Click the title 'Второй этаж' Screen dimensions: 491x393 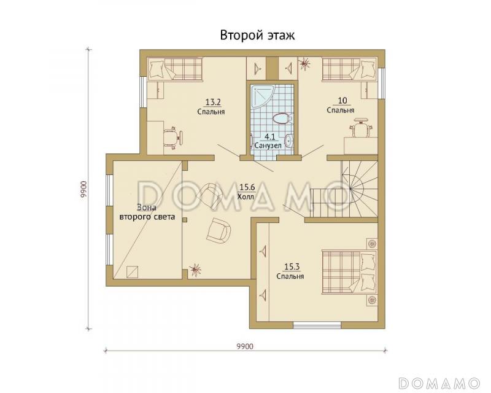(257, 35)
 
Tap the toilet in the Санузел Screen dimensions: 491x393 (282, 119)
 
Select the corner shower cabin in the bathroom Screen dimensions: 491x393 (263, 96)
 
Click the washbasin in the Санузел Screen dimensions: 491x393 (290, 141)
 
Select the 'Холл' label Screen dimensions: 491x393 (246, 197)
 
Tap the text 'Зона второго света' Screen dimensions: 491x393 (147, 212)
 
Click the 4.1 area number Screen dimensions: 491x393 (269, 137)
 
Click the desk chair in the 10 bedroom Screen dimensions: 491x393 (361, 126)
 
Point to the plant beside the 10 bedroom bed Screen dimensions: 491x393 (304, 64)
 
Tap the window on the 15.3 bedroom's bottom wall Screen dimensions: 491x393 (317, 325)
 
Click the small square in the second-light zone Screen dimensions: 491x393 (132, 271)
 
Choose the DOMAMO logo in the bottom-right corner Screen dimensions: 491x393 (439, 383)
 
